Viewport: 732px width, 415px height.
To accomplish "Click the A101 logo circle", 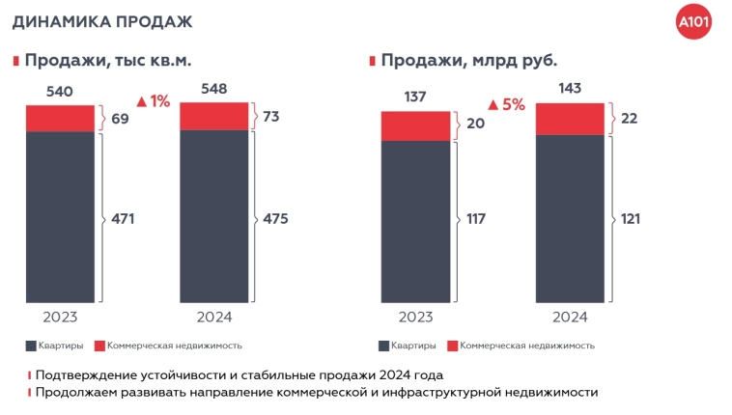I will tap(694, 21).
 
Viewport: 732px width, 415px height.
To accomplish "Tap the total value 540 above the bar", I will tap(60, 93).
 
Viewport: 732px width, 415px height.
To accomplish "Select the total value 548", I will tap(214, 89).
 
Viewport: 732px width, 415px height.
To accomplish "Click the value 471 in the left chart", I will tap(122, 218).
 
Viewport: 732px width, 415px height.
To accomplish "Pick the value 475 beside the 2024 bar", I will tap(275, 218).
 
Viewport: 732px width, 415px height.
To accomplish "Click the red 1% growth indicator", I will tap(154, 100).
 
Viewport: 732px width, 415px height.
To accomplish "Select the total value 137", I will tap(415, 97).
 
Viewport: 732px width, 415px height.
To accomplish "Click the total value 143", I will tap(570, 89).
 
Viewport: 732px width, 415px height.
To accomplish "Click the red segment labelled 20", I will tap(415, 125).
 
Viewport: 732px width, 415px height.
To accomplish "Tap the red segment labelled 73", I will tap(214, 115).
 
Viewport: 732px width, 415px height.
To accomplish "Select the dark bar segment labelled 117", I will tap(415, 221).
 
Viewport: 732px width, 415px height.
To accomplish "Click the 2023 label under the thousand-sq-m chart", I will tap(60, 316).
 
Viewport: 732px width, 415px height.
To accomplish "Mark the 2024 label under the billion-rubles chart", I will tap(570, 316).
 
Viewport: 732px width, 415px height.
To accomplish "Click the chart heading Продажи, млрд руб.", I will tap(468, 60).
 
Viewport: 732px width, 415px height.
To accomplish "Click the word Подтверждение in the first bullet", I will tap(86, 374).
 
